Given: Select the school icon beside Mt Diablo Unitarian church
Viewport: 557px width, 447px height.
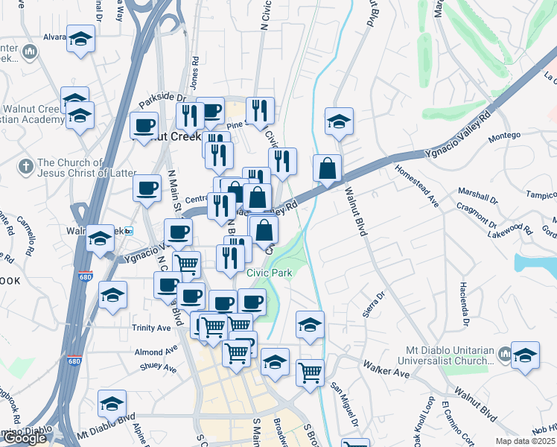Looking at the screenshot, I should coord(525,355).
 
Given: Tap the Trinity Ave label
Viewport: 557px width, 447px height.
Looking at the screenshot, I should coord(153,328).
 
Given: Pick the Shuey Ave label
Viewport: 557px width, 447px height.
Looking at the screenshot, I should coord(158,368).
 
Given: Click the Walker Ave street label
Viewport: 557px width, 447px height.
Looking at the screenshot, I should coord(386,367).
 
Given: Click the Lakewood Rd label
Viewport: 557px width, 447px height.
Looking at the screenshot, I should coord(512,229).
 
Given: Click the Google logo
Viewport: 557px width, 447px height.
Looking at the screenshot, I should coord(25,438).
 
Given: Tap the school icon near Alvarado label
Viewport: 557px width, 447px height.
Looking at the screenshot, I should coord(80,40).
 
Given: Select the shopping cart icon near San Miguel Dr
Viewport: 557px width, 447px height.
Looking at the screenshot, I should coord(310,372).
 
